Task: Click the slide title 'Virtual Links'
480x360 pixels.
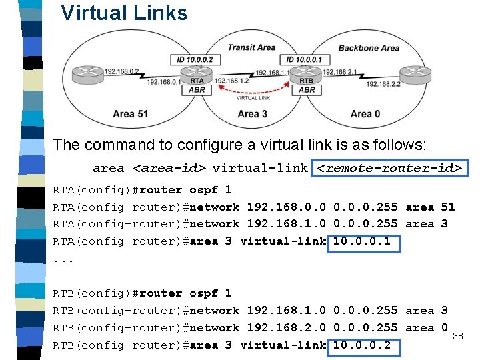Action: (x=124, y=13)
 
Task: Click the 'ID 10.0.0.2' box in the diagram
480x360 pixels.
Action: (x=195, y=60)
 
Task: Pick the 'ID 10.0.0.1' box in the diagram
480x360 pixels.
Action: (x=303, y=60)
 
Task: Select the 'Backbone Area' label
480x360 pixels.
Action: (x=369, y=48)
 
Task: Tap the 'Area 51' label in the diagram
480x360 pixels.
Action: (x=130, y=114)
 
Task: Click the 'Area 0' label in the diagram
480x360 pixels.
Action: (x=365, y=114)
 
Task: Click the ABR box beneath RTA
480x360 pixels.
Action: (x=197, y=89)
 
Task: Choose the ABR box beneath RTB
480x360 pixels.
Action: (x=307, y=89)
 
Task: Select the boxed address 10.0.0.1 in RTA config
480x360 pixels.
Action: (x=363, y=241)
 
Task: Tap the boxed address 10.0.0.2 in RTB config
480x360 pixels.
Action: (x=363, y=345)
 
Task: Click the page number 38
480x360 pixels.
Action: (x=457, y=337)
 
